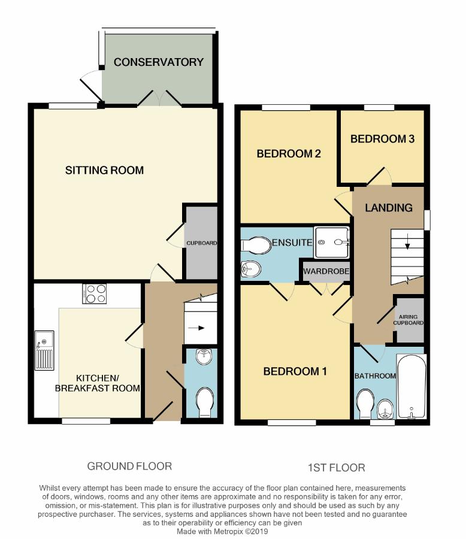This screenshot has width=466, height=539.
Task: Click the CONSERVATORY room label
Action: click(x=159, y=62)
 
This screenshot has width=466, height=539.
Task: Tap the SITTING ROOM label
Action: click(x=105, y=170)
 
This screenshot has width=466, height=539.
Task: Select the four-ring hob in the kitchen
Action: click(x=94, y=294)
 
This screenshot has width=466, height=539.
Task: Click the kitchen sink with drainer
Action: click(x=44, y=350)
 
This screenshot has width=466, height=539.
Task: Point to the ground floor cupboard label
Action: click(x=201, y=243)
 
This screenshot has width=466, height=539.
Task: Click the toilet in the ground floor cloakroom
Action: click(x=204, y=402)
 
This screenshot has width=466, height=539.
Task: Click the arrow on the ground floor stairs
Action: click(x=196, y=328)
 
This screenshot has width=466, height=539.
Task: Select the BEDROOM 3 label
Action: click(x=382, y=139)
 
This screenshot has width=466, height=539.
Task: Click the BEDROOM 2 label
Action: click(x=289, y=153)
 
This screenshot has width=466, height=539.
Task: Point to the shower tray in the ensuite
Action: click(x=331, y=243)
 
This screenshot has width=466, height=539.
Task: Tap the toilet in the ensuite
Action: click(x=256, y=246)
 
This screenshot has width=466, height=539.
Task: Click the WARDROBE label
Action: click(x=326, y=271)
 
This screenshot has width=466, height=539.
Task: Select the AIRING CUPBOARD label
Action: click(x=408, y=320)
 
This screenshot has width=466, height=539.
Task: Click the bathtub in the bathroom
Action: click(x=411, y=386)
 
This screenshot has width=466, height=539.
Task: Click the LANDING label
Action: click(x=389, y=208)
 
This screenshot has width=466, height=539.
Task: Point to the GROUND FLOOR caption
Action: click(x=129, y=466)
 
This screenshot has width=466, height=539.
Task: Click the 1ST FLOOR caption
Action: click(x=337, y=468)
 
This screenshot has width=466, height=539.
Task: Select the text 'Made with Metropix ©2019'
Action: click(x=222, y=531)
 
